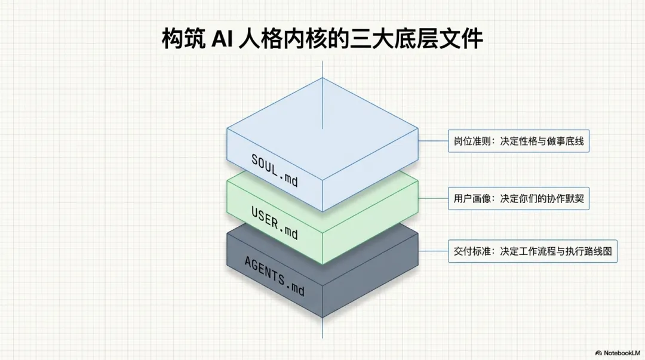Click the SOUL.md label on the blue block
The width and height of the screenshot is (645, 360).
coord(274,170)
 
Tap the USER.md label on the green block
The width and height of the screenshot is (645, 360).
coord(274,221)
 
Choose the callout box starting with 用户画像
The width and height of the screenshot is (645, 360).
coord(519,199)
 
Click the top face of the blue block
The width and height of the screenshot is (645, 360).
coord(322,128)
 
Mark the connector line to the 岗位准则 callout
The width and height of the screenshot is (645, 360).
coord(433,141)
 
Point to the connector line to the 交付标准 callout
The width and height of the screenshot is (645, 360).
coord(433,252)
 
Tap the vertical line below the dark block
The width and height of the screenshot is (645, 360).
coord(322,328)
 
